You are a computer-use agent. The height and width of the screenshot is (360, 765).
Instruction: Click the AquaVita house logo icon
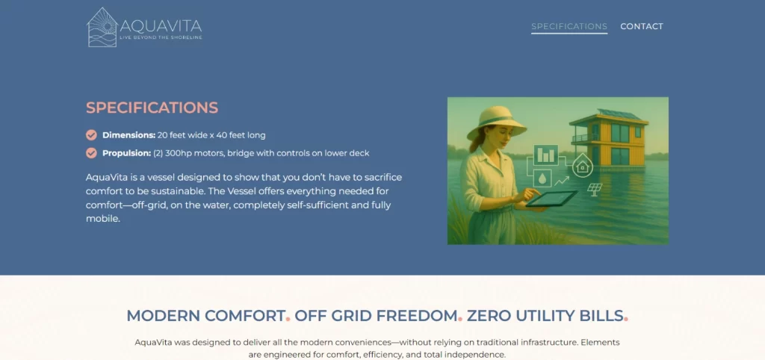[x=102, y=28]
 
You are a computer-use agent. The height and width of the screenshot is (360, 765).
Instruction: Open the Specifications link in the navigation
[x=569, y=26]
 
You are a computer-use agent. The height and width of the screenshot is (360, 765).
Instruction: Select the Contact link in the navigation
[x=642, y=26]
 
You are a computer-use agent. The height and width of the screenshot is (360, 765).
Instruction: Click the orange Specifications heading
[x=152, y=108]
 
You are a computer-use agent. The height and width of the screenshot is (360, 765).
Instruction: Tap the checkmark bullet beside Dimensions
[x=91, y=135]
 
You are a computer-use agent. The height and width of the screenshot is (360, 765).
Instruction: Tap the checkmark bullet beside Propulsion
[x=91, y=153]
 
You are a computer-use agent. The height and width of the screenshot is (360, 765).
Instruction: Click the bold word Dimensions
[x=128, y=135]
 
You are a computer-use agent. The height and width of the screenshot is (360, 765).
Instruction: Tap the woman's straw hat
[x=496, y=122]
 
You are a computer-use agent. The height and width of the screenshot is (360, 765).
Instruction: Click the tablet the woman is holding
[x=552, y=198]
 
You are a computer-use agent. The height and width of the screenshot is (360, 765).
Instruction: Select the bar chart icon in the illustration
[x=546, y=155]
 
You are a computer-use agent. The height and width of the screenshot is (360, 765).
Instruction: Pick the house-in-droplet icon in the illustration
[x=582, y=166]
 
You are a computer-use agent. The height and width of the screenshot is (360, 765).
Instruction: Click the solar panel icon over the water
[x=595, y=189]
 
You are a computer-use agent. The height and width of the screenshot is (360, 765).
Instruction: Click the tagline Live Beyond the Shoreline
[x=161, y=37]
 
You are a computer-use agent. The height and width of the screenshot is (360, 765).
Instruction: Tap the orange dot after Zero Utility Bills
[x=626, y=320]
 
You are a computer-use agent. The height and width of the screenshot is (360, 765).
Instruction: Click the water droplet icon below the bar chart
[x=542, y=179]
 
